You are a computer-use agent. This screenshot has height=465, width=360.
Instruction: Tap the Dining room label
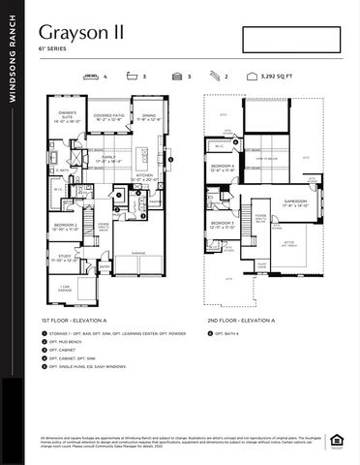click(148, 118)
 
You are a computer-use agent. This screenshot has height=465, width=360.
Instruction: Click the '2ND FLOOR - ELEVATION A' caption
click(240, 319)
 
